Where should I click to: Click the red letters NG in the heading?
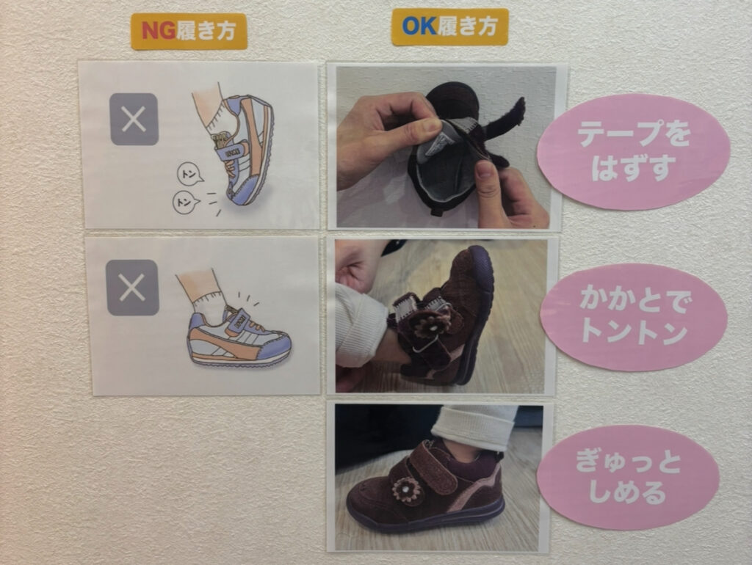pos(159,31)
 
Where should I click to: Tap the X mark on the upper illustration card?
pos(134,120)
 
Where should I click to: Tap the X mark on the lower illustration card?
pos(132,288)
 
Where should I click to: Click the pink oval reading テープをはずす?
pos(633,151)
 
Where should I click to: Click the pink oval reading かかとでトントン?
pos(634,317)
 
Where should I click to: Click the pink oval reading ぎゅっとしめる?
pos(628,477)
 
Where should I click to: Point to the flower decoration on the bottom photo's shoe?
pos(406,489)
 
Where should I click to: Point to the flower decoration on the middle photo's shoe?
pos(430,324)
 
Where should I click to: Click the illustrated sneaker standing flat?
pos(239,337)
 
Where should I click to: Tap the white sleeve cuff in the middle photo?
pos(358,325)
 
